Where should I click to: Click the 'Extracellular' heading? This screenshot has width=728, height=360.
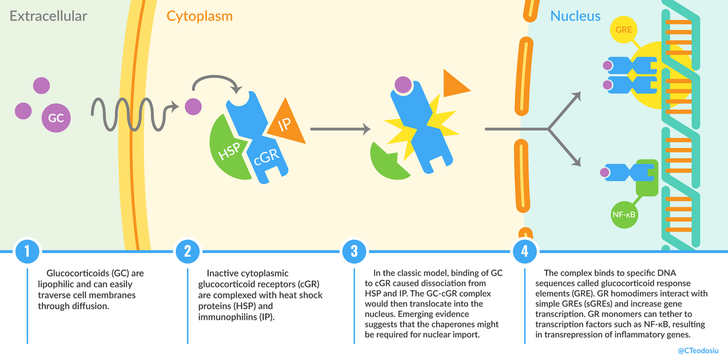tap(48, 16)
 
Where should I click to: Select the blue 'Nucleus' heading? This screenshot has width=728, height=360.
tap(575, 16)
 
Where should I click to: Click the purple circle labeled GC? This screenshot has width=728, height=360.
tap(56, 118)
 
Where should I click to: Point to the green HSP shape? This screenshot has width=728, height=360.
tap(227, 150)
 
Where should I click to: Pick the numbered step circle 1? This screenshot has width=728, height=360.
tap(27, 251)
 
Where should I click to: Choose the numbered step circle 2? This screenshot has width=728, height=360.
tap(187, 251)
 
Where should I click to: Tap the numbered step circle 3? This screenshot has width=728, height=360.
tap(354, 251)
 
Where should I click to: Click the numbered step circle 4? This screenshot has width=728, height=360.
tap(524, 251)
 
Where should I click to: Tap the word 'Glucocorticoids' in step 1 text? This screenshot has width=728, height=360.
tap(74, 274)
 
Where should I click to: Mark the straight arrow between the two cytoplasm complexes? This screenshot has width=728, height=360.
tap(340, 128)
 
